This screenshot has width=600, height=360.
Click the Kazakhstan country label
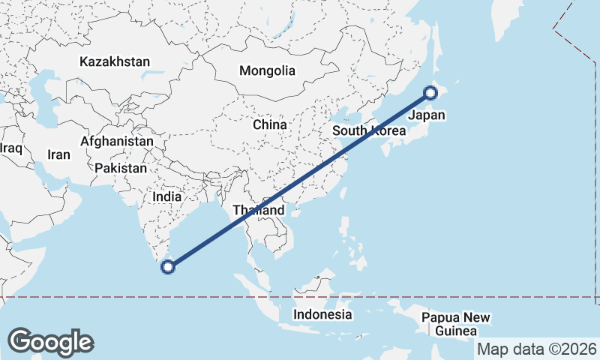click(115, 62)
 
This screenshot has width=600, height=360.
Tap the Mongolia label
click(267, 71)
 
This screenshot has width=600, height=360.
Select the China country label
click(270, 124)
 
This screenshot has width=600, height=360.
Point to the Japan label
click(427, 115)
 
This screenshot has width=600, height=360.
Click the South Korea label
click(369, 130)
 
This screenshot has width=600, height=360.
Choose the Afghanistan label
click(117, 141)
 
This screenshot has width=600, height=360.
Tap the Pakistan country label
click(121, 169)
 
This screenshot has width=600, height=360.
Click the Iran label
click(58, 155)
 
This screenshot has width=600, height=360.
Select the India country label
click(166, 196)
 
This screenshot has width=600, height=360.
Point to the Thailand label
click(259, 210)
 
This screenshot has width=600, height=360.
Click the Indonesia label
click(322, 314)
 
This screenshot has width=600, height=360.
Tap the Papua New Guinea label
click(456, 324)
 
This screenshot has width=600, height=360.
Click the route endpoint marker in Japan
click(430, 93)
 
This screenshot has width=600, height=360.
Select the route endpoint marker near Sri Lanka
click(169, 265)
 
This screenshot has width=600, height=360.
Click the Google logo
click(50, 341)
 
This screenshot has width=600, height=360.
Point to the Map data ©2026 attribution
click(537, 349)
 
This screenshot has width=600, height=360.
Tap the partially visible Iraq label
click(10, 148)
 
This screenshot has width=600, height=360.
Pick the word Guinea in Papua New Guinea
click(456, 331)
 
